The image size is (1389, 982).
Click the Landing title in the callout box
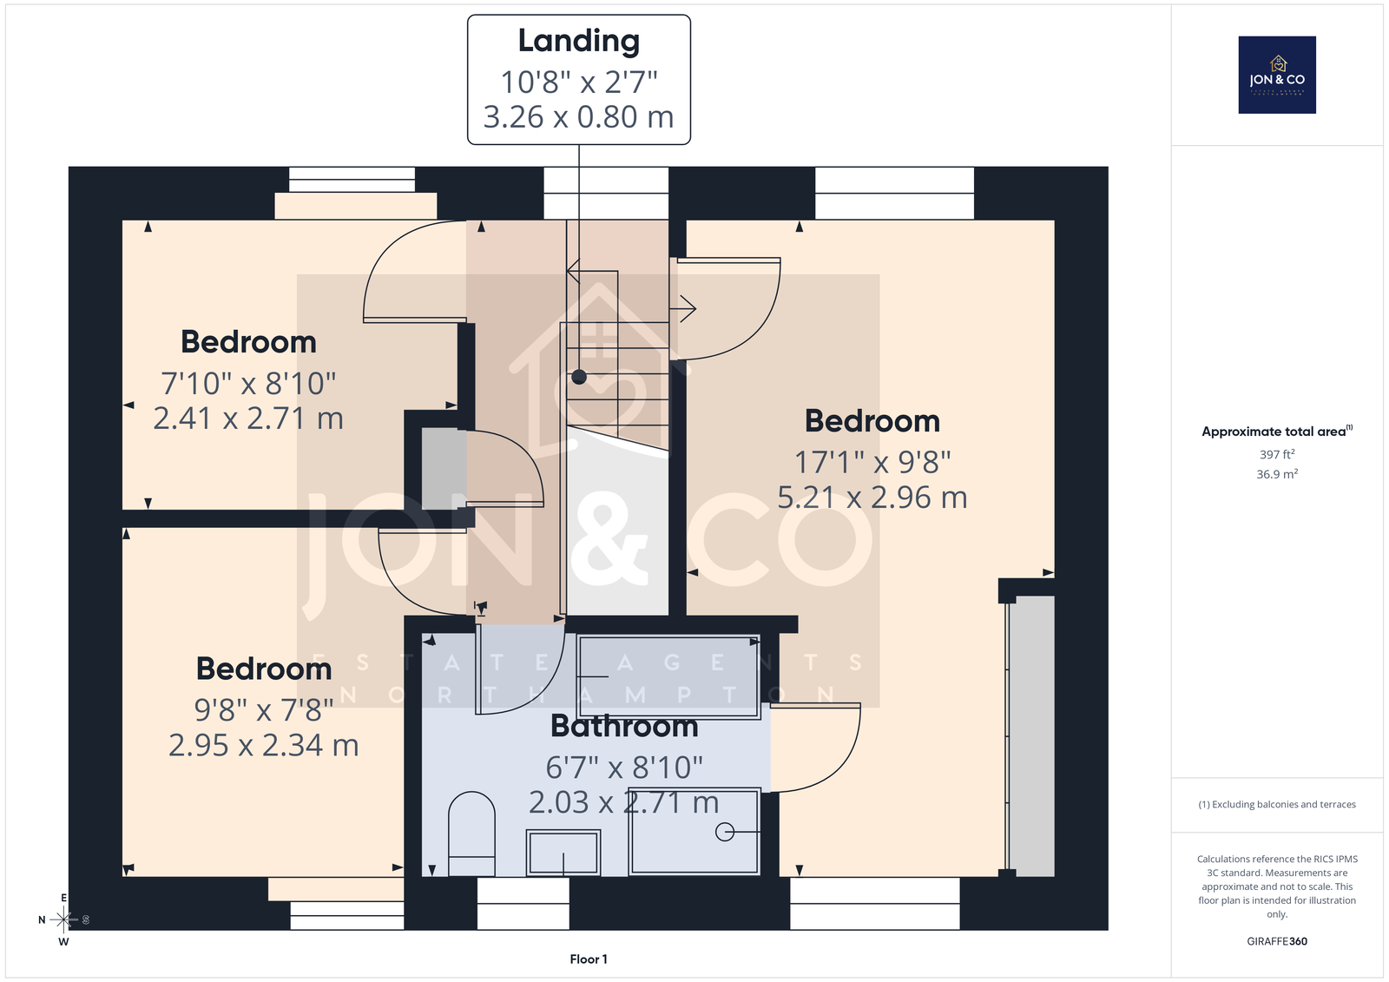578,41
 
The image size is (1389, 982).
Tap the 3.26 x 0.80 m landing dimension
578,116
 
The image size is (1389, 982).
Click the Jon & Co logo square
1277,75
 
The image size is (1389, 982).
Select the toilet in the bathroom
471,834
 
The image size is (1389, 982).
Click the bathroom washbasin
563,853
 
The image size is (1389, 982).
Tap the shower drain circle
724,832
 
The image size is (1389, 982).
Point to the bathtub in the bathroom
668,676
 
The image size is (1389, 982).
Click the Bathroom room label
624,726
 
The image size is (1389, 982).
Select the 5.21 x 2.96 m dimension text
872,498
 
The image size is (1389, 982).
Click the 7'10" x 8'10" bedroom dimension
248,384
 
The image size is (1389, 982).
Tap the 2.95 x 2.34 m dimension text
264,745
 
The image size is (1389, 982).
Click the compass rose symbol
64,919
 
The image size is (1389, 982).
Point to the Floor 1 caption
589,959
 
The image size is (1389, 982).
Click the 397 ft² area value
1277,454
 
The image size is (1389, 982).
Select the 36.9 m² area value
1277,474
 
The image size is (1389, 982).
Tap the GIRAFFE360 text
1277,941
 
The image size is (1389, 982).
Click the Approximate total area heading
1277,432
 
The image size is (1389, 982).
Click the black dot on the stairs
578,377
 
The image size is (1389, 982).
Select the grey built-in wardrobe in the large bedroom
1030,735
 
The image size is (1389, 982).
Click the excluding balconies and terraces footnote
1277,805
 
